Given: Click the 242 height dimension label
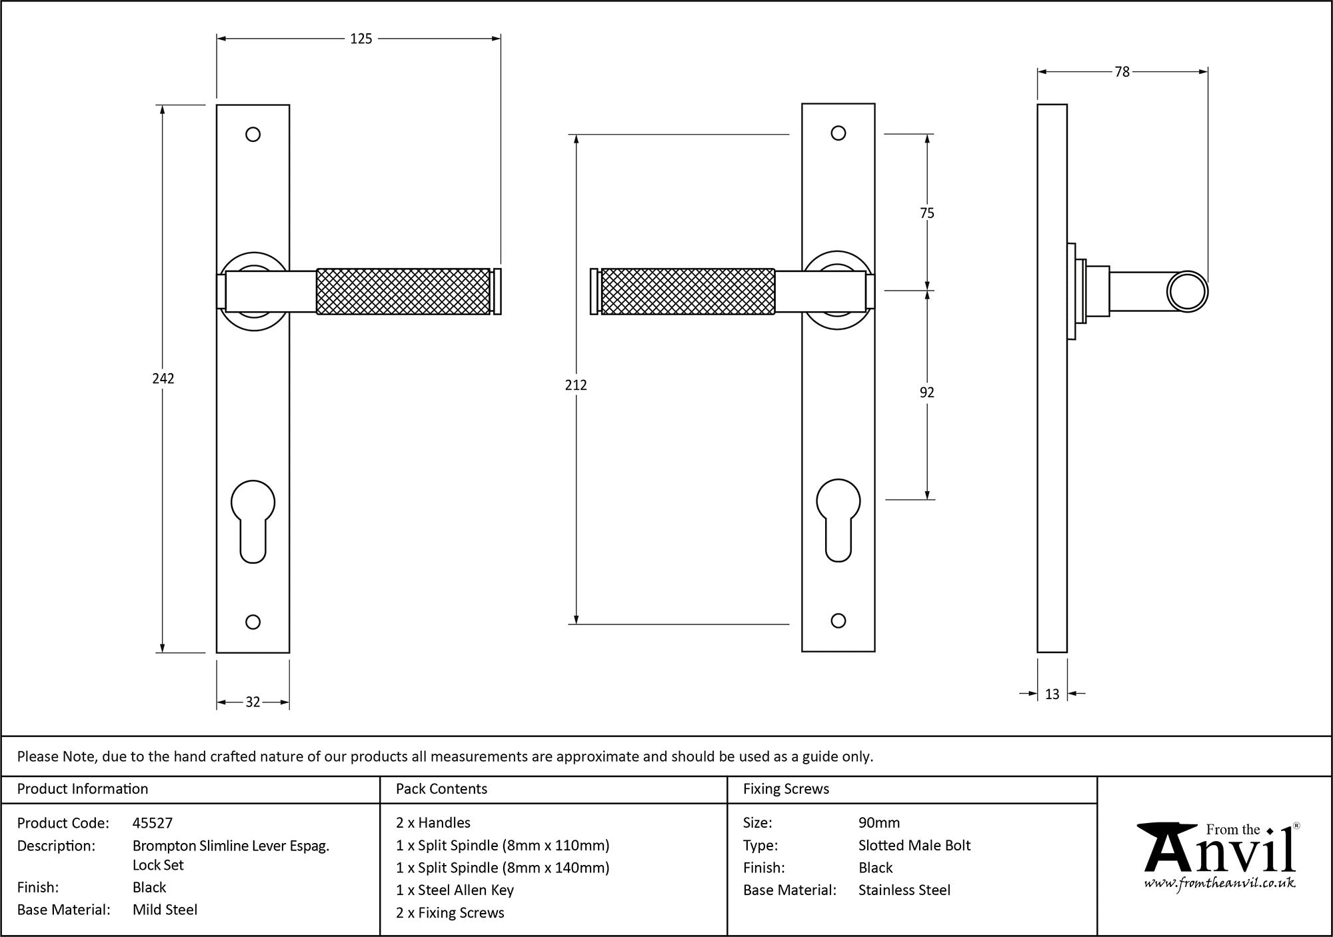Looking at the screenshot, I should click(163, 379).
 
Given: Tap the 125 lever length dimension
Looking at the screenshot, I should click(361, 39).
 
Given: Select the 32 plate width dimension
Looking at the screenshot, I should click(253, 702).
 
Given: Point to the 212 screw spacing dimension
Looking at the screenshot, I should click(576, 385).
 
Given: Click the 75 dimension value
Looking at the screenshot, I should click(927, 213).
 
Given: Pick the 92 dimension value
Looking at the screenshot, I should click(927, 393).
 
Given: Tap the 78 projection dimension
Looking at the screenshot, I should click(1122, 72).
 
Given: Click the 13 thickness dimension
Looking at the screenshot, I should click(1052, 694).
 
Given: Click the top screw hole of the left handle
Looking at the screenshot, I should click(253, 135).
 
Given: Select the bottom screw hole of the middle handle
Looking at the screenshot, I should click(838, 620).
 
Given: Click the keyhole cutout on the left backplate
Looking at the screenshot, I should click(253, 520).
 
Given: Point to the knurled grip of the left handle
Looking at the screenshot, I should click(403, 291).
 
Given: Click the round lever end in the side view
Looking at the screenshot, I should click(1188, 291).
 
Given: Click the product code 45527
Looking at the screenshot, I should click(153, 823).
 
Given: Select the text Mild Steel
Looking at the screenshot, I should click(165, 910).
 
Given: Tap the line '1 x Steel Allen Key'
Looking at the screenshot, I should click(455, 890).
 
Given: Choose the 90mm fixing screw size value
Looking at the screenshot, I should click(879, 823).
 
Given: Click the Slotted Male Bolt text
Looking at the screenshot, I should click(914, 846).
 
